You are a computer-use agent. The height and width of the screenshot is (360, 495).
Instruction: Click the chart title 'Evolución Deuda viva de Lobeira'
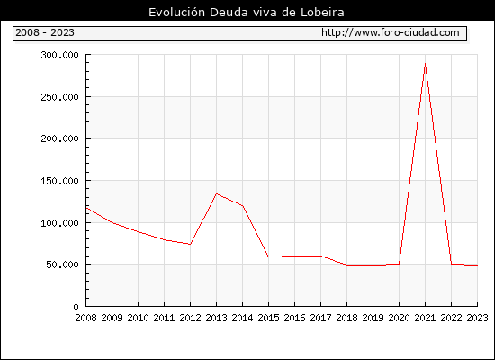coord(247,13)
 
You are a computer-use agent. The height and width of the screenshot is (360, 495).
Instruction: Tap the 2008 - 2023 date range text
coord(45,32)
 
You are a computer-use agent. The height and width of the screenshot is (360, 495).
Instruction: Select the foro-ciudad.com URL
coord(391,32)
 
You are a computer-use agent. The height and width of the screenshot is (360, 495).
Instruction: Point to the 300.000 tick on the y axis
coord(59,55)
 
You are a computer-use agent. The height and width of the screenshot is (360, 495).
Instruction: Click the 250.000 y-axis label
coord(59,97)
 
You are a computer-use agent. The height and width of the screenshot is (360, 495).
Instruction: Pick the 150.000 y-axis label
coord(59,181)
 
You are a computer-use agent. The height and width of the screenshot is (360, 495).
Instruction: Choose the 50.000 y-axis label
coord(62,265)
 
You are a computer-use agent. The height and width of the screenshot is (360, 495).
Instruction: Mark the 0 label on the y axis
coord(76,307)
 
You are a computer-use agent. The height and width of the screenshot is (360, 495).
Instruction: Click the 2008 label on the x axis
coord(85,318)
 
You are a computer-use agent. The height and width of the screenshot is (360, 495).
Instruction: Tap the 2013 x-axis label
coord(216,318)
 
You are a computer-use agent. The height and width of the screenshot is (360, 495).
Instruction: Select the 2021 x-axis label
coord(425,318)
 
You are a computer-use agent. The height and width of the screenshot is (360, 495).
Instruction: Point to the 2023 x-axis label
coord(477,318)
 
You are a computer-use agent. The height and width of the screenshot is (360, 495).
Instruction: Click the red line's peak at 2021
coord(425,64)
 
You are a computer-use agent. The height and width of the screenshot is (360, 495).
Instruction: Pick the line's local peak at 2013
coord(216,193)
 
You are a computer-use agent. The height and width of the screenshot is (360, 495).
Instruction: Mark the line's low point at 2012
coord(191,244)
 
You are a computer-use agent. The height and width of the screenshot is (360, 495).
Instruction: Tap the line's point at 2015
coord(269,256)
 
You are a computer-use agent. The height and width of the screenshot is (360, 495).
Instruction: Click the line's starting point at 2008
coord(86,208)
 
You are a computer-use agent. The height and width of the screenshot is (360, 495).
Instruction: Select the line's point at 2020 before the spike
coord(399,264)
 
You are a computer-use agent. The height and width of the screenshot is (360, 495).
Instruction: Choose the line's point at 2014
coord(242,206)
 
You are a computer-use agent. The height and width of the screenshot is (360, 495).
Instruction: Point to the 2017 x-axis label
coord(320,318)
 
